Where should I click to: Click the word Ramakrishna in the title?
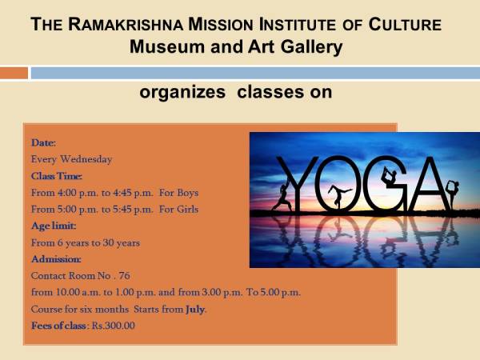[x=126, y=24]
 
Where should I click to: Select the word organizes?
[x=182, y=92]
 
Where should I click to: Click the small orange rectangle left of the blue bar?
[x=14, y=73]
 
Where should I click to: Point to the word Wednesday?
[x=86, y=159]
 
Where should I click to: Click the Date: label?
[x=43, y=142]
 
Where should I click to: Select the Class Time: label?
[x=57, y=176]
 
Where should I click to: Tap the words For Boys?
[x=178, y=193]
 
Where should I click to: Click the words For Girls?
[x=178, y=210]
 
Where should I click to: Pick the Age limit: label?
[x=54, y=226]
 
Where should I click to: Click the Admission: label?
[x=56, y=259]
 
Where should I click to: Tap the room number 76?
[x=124, y=276]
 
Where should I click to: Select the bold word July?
[x=194, y=309]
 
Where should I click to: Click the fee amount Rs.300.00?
[x=114, y=326]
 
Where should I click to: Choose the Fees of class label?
[x=58, y=326]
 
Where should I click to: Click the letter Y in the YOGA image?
[x=298, y=184]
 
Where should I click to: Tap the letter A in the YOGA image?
[x=427, y=184]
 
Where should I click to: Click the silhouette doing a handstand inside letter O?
[x=338, y=196]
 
